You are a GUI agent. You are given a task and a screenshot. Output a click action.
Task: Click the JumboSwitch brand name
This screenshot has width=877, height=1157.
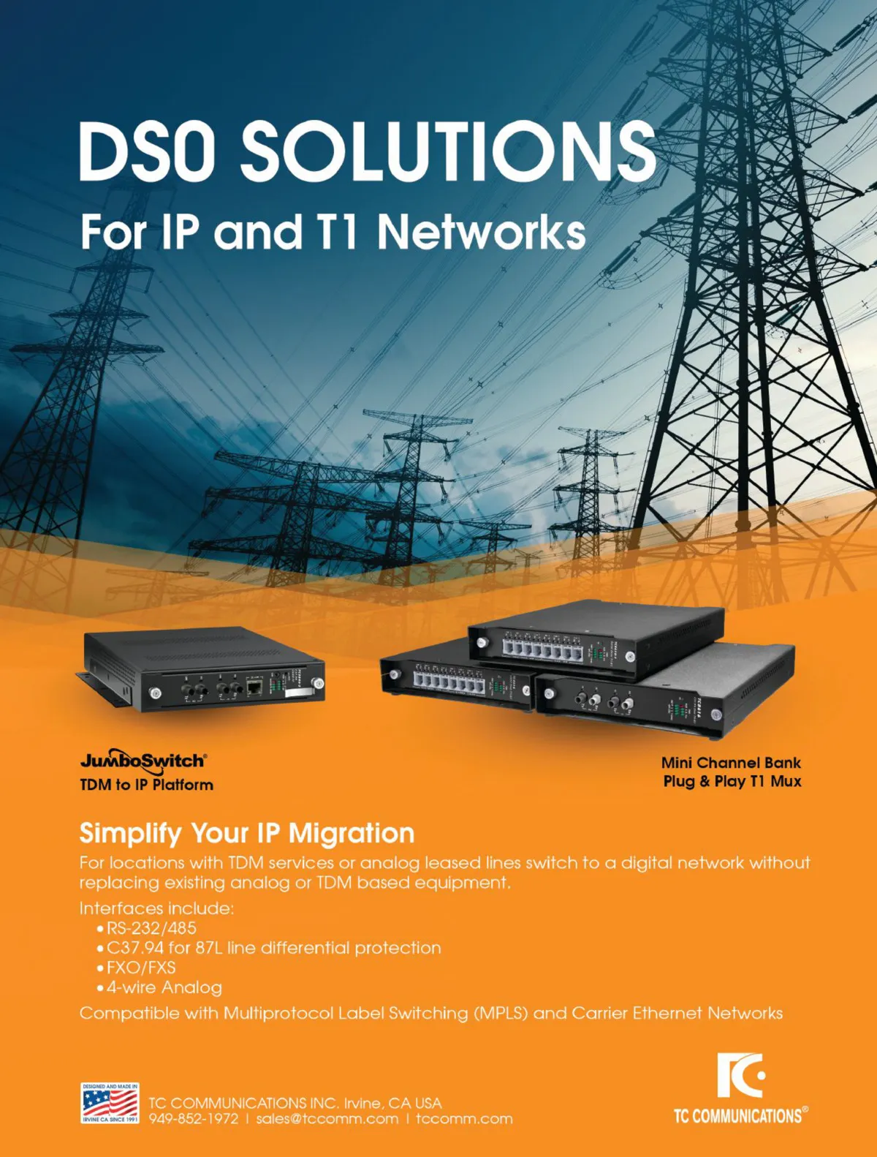(x=143, y=761)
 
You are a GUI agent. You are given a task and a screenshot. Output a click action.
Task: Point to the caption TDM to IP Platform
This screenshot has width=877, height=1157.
(x=146, y=785)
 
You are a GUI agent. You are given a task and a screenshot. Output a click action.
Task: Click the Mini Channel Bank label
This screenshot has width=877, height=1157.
(x=731, y=763)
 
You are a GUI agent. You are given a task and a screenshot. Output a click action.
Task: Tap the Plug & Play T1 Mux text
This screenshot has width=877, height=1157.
(x=732, y=781)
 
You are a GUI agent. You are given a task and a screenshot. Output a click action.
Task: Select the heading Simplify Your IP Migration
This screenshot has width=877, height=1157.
(x=246, y=833)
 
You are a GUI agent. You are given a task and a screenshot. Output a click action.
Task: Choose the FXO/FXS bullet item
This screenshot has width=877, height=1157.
(x=141, y=968)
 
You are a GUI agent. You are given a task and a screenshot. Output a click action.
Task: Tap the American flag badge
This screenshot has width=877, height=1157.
(x=110, y=1104)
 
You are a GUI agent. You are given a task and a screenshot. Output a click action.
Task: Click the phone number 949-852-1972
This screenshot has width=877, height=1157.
(x=194, y=1119)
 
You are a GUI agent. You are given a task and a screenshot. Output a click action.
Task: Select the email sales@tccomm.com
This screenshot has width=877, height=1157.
(x=327, y=1119)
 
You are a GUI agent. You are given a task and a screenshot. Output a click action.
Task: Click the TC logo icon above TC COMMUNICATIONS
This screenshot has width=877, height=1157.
(x=740, y=1075)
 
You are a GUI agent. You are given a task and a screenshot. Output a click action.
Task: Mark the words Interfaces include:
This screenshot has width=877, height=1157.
(x=156, y=908)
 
